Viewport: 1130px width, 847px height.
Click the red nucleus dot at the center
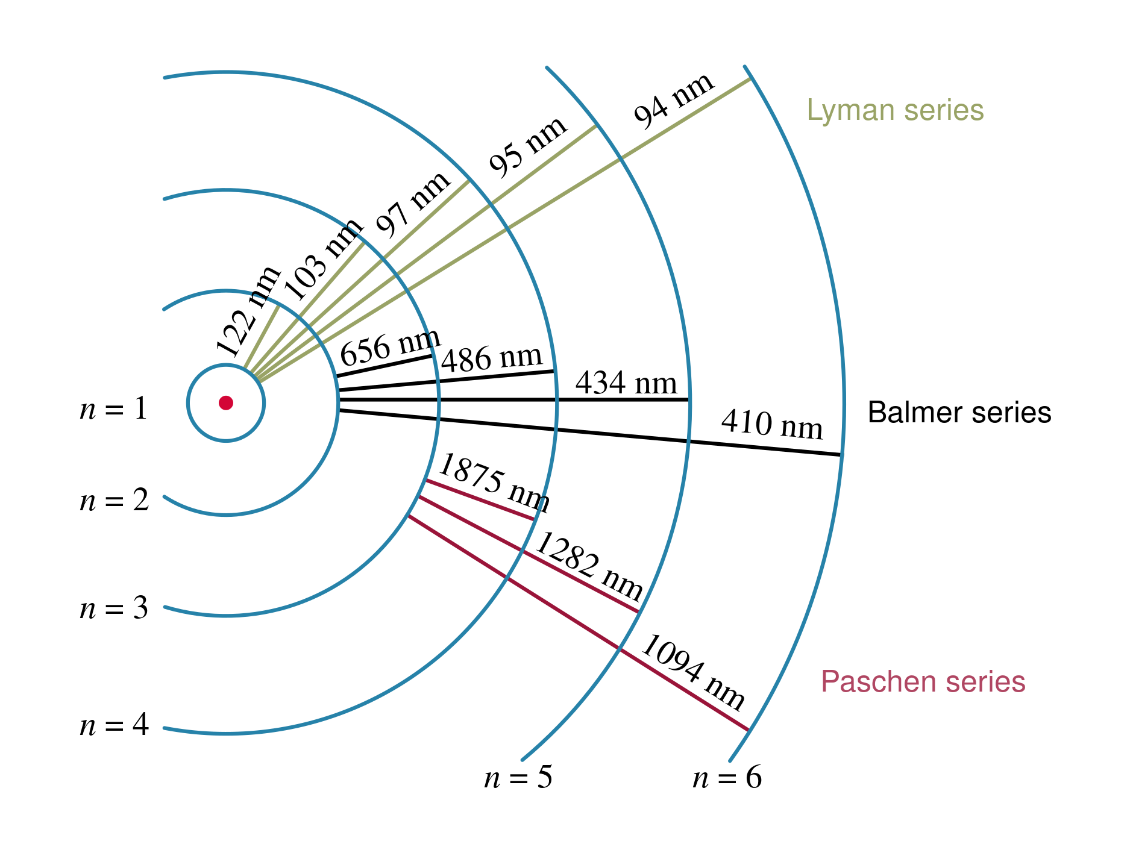pos(226,402)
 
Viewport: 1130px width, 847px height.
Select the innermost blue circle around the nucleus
pos(264,402)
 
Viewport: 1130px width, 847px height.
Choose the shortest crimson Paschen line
pos(480,499)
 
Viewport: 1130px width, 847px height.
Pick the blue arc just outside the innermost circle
pos(338,402)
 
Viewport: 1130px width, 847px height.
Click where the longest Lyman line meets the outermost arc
pos(750,79)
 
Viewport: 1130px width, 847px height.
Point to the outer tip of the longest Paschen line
pos(748,730)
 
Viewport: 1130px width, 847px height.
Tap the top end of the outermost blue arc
pos(745,66)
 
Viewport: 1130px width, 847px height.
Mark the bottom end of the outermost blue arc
pos(730,761)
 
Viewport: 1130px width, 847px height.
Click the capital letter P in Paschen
pos(830,682)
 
